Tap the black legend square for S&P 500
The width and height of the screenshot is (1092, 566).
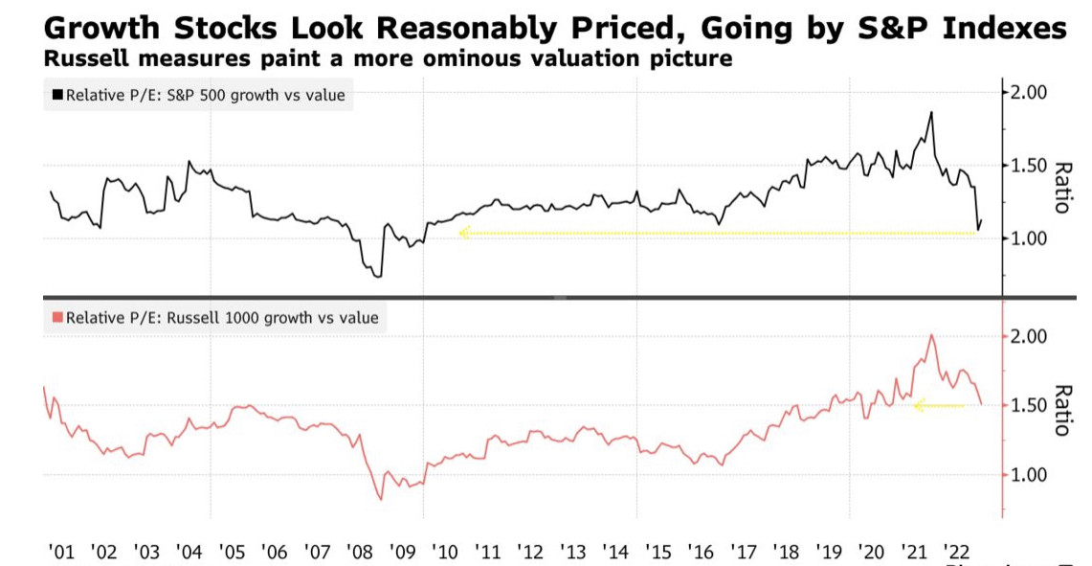[x=56, y=95]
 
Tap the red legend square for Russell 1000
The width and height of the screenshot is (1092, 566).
[x=56, y=318]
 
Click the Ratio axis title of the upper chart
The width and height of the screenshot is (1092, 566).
[x=1061, y=186]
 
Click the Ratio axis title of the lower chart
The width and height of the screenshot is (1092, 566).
[x=1061, y=410]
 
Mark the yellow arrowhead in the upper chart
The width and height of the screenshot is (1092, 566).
[x=464, y=232]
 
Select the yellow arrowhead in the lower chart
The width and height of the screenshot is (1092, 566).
[x=919, y=406]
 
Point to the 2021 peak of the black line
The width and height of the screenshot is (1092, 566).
[x=930, y=112]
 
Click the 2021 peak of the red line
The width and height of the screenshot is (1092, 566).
[x=931, y=334]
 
